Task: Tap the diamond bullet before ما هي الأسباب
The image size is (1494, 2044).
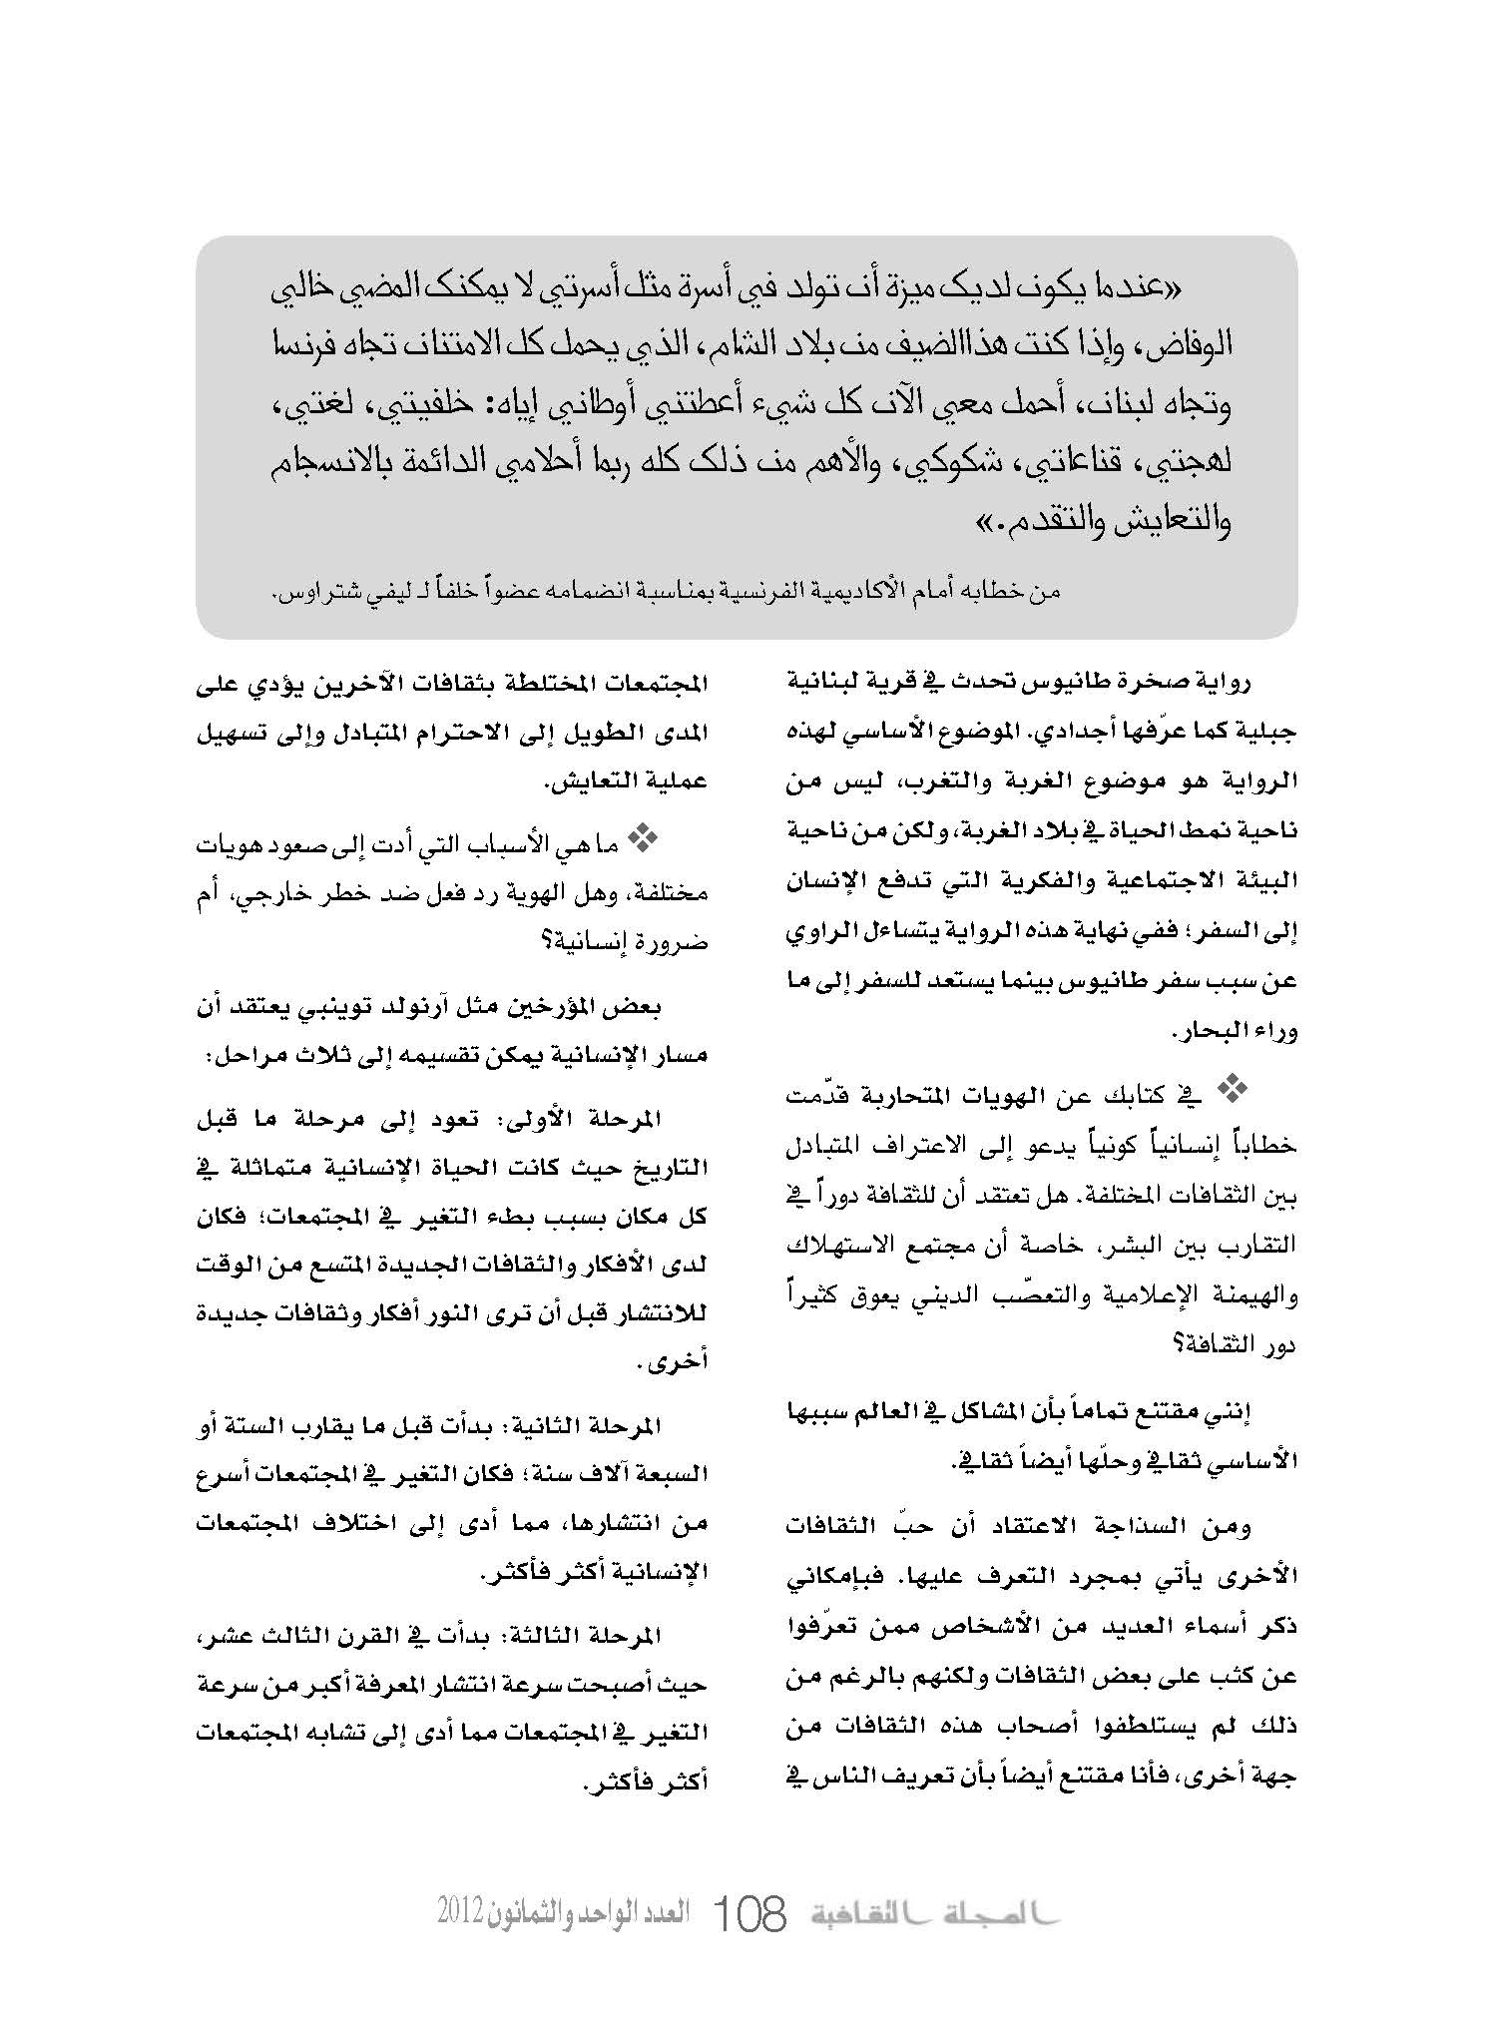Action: (x=637, y=842)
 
